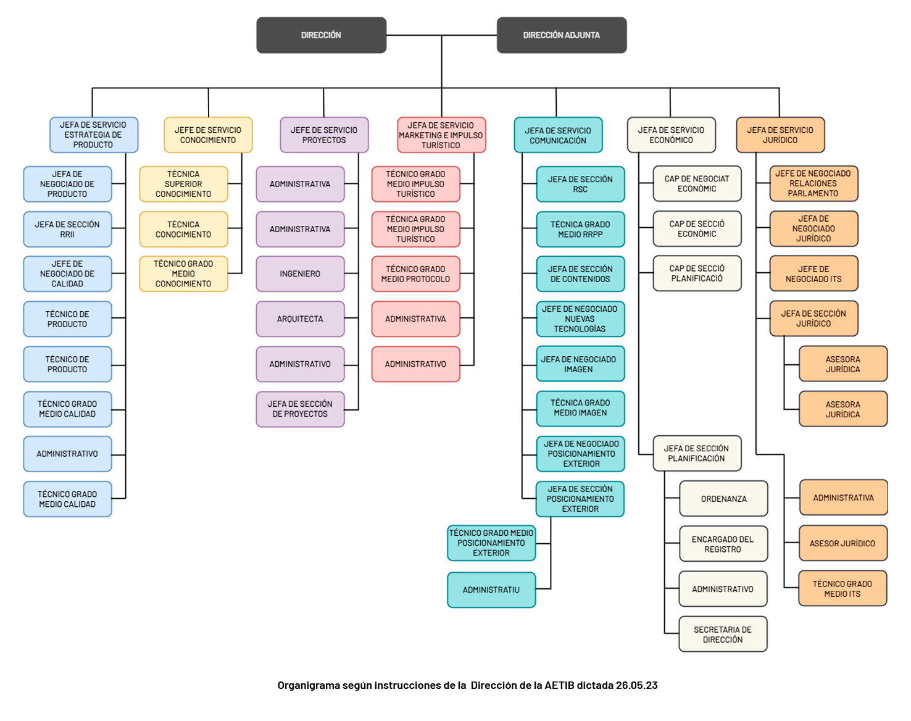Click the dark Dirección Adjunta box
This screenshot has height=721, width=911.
point(562,35)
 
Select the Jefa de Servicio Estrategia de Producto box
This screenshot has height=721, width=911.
point(94,135)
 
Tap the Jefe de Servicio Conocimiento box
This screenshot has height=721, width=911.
point(208,135)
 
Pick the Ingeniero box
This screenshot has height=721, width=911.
point(300,273)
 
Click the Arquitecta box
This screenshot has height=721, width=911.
point(300,319)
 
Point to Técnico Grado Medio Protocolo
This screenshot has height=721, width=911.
point(415,273)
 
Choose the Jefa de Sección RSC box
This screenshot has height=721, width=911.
point(580,184)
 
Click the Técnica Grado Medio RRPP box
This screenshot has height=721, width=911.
point(580,229)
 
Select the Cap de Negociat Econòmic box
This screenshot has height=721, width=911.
point(697,183)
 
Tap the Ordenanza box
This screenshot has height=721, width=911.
point(723,498)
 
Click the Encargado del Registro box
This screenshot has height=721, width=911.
point(723,544)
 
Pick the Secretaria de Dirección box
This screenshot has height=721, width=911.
point(723,634)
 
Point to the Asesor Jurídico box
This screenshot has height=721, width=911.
point(842,543)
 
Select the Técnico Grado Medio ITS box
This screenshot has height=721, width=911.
point(842,588)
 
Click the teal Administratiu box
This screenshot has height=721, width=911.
point(491,590)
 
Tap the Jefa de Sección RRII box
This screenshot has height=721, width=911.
point(67,229)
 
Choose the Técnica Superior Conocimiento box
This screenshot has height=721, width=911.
point(183,184)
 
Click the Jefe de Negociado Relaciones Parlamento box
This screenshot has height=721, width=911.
point(813,183)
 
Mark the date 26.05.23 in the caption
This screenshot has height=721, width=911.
point(636,685)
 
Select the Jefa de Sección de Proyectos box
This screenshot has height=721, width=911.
point(300,409)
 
